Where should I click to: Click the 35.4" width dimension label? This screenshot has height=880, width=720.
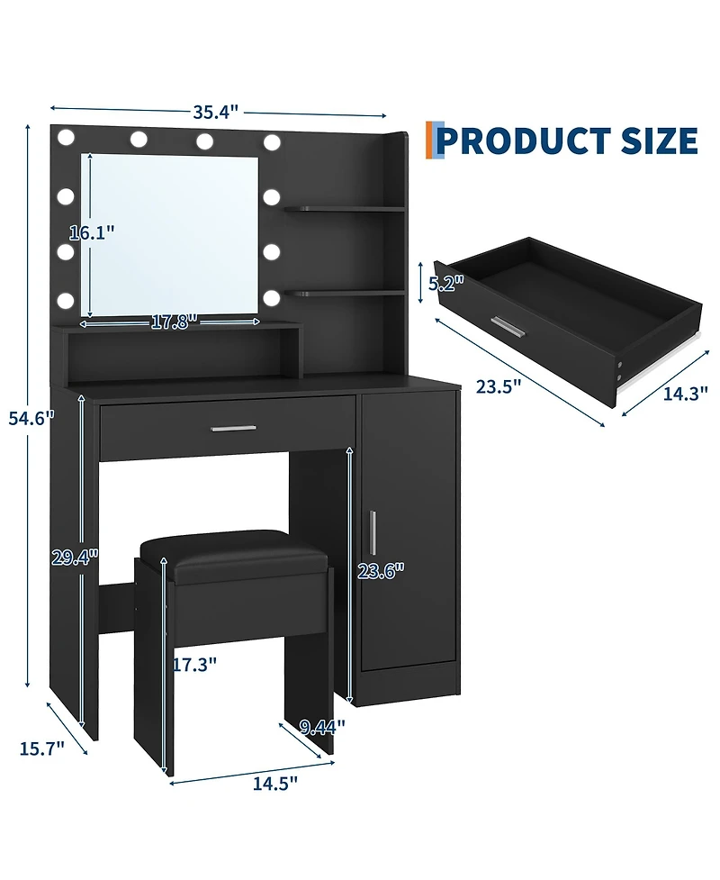coord(216,112)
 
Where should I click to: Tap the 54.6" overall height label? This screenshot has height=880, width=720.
coord(31,418)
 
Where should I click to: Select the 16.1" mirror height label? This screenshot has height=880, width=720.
coord(92,231)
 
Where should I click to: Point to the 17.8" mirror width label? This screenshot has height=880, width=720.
coord(174,322)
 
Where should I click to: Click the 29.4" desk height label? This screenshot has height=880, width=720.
coord(75,558)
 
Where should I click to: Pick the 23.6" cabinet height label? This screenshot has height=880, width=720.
coord(382,571)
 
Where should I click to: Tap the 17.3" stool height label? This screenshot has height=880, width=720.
coord(194,665)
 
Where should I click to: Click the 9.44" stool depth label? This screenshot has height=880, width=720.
coord(322,728)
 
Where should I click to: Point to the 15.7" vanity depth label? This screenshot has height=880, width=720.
coord(42,748)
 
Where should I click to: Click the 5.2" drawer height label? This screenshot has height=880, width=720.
coord(446,284)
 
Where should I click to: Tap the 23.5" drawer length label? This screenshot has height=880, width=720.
coord(499,386)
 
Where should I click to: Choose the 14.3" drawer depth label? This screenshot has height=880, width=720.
coord(685,394)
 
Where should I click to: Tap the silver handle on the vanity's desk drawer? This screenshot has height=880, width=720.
coord(234,429)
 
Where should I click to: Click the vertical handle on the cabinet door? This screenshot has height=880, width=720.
coord(373,531)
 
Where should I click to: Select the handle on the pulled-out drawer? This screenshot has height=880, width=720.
coord(508,328)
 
